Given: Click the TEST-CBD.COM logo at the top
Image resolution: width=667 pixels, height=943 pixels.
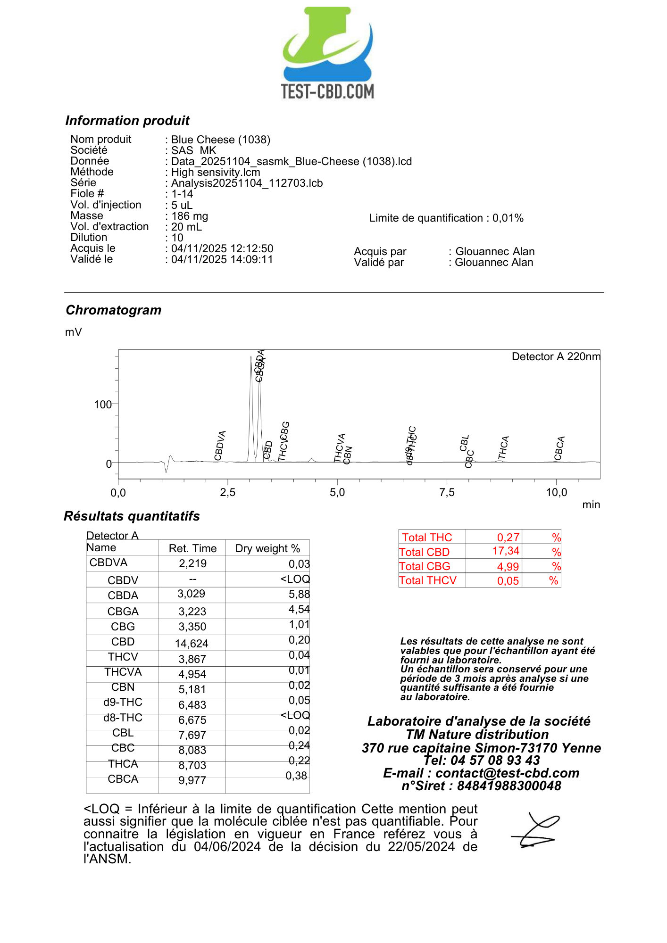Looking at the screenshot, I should pos(328,53).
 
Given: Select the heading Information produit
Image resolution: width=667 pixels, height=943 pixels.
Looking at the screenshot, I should pos(127,121).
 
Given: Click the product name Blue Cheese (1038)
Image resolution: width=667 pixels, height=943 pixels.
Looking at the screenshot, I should pos(221,140).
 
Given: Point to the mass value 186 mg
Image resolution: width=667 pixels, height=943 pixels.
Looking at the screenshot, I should pos(190,216).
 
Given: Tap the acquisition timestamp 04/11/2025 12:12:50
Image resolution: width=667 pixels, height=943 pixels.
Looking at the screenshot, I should pos(222,248).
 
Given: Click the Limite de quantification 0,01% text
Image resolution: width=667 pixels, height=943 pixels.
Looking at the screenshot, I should pos(446,218).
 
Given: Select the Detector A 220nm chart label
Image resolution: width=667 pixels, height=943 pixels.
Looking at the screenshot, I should pos(556,356).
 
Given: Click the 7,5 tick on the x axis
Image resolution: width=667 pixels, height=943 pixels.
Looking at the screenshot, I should pos(447,493).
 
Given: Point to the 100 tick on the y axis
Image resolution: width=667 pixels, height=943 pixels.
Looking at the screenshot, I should pos(103,405).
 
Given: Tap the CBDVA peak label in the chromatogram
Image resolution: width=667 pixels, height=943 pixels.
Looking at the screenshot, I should pos(220,445).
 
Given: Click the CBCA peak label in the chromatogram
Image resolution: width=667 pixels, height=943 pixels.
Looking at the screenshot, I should pos(559,448).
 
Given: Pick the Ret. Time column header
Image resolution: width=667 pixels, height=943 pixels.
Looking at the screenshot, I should pos(192,548).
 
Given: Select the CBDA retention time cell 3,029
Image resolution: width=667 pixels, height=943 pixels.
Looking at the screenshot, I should pos(192,594).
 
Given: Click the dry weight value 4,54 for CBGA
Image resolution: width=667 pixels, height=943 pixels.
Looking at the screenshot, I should pos(299,609).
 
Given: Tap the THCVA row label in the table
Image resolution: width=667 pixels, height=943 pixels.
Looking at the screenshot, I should pos(123,672).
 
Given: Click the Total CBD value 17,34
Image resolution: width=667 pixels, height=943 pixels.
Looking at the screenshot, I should pos(506,551).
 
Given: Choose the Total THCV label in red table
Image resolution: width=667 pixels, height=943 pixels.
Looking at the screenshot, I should pos(428,580).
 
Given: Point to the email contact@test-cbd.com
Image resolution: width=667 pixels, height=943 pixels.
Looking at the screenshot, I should pos(507,773).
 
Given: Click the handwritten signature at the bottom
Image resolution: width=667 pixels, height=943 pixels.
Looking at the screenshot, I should pos(536,831).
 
